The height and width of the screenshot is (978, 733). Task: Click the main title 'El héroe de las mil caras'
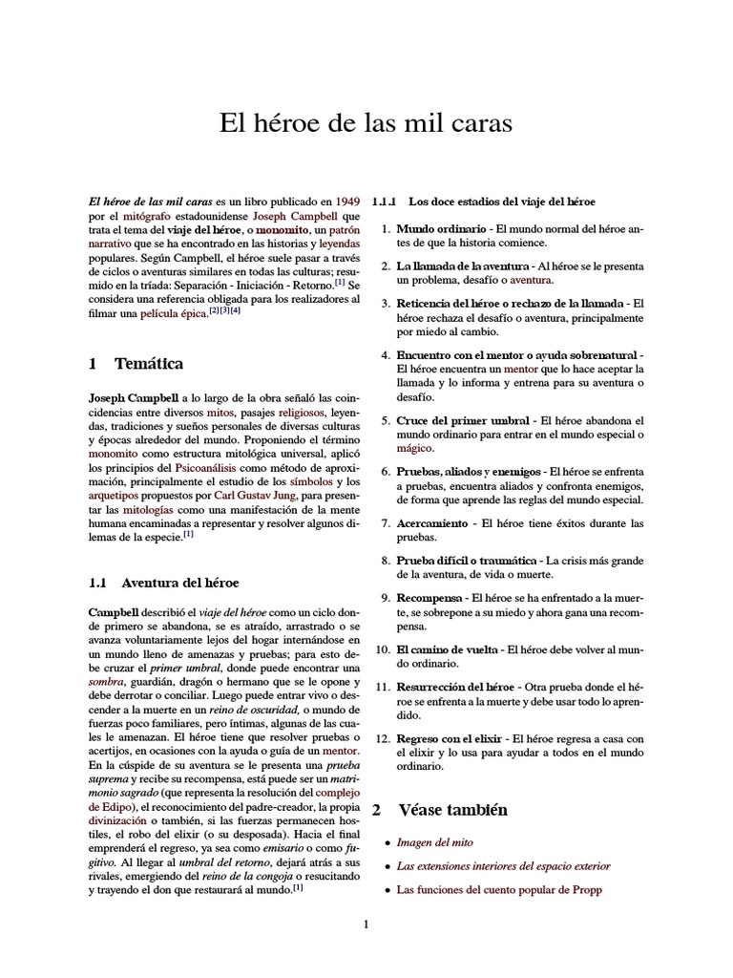coord(366,123)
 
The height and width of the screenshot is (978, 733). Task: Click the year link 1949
coord(346,202)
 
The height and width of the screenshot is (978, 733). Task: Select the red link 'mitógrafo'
coord(146,217)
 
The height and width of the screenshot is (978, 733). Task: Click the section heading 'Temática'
coord(149,364)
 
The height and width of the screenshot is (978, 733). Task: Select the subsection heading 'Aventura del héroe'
coord(180,582)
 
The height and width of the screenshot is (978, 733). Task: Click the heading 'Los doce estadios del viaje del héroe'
coord(501,202)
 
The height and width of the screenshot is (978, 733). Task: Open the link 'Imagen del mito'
coord(434,843)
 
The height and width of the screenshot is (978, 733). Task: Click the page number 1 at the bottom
coord(366,924)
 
